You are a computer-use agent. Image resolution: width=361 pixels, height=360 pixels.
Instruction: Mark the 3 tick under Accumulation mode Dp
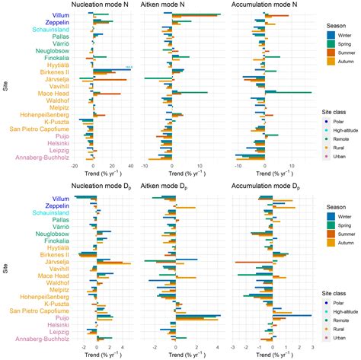[x=312, y=346]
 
